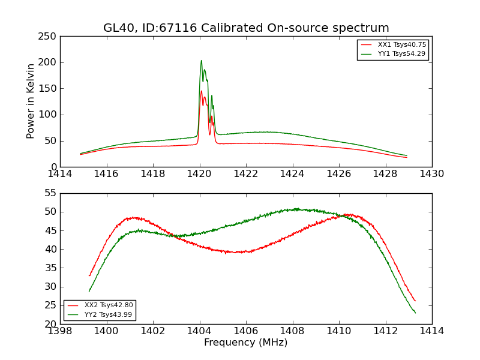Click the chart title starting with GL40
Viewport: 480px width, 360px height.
246,28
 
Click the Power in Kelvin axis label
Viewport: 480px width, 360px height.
31,101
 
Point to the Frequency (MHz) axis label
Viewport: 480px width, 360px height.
245,343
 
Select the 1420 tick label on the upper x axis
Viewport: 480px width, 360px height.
199,173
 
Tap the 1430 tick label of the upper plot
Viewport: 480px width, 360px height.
431,173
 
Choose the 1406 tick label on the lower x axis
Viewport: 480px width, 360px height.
245,331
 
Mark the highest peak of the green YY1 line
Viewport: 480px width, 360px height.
201,60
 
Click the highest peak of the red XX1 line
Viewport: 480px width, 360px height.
201,91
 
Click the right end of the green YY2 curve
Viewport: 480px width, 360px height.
415,313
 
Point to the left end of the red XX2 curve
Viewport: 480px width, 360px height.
89,275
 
